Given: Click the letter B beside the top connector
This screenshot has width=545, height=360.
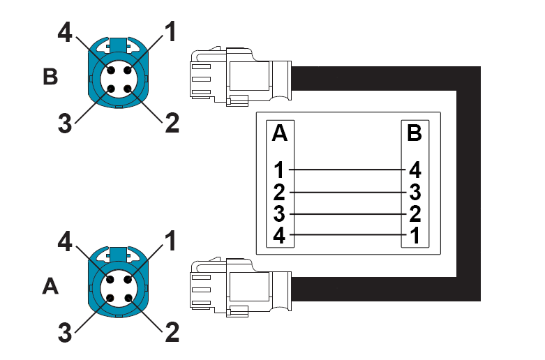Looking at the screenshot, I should (x=50, y=76).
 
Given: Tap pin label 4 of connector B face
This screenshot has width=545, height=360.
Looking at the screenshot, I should (x=65, y=33).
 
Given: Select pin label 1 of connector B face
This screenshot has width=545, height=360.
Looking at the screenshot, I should (x=170, y=30).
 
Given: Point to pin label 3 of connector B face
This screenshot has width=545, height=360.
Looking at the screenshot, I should (x=65, y=123).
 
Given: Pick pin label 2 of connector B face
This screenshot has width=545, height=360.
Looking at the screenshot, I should (x=171, y=123).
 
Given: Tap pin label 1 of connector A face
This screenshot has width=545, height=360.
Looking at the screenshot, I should (x=170, y=241).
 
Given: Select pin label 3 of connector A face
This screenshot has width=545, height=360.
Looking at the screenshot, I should (x=65, y=333).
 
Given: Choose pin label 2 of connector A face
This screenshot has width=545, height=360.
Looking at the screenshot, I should (x=171, y=332).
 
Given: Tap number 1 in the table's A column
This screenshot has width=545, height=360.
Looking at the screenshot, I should (x=280, y=170).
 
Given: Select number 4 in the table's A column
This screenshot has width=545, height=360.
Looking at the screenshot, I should (x=279, y=235).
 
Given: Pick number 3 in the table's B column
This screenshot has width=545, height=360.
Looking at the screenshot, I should (x=415, y=191).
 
